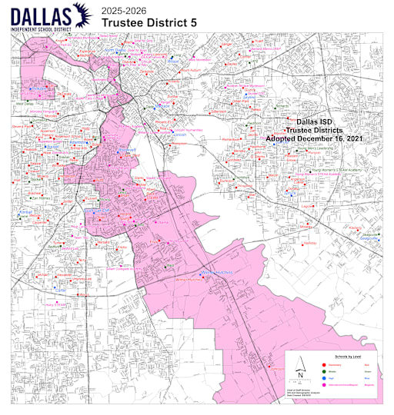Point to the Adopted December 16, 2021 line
coord(316,139)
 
